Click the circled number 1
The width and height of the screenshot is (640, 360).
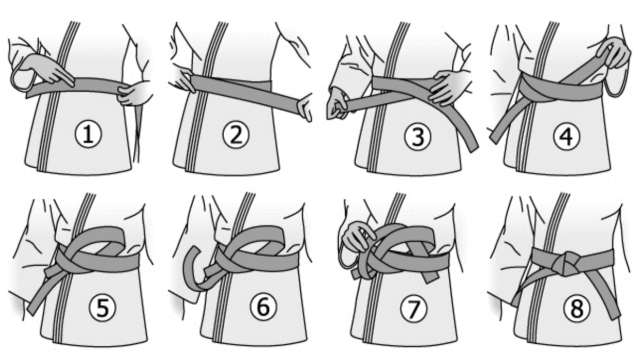(88, 134)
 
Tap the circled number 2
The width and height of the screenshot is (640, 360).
(236, 134)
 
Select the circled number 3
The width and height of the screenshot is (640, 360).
(417, 136)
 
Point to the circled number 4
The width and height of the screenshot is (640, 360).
(567, 136)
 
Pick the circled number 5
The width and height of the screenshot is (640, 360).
(102, 307)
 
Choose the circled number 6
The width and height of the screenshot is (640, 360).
(263, 306)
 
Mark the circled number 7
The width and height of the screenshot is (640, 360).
(413, 308)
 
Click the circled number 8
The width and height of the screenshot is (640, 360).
(577, 308)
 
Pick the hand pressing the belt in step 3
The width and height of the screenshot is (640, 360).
(446, 87)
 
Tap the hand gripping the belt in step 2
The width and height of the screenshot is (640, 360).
(184, 80)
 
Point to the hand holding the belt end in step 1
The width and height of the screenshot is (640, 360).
(134, 93)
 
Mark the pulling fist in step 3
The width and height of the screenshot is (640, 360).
(337, 107)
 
